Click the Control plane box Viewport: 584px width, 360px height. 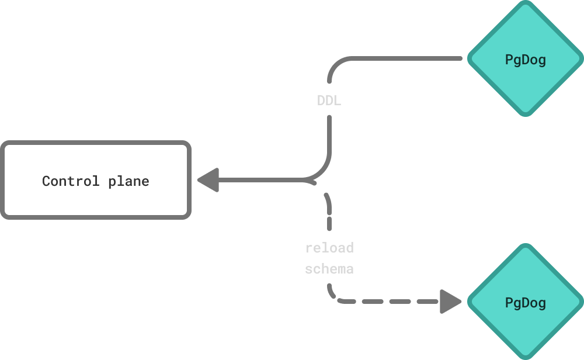pos(96,180)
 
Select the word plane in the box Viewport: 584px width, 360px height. pos(128,182)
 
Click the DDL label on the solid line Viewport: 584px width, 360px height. pos(329,101)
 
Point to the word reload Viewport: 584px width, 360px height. pos(329,248)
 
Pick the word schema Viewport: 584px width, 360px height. pos(329,269)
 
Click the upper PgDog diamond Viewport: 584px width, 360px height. pos(526,58)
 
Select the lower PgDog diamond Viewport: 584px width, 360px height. pos(526,302)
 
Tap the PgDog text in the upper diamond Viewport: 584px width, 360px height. pos(526,60)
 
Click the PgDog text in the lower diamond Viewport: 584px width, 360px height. pos(526,303)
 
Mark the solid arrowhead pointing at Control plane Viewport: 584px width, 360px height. pos(208,180)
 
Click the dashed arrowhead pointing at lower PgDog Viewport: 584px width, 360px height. pos(450,302)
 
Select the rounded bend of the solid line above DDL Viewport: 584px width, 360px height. pos(335,64)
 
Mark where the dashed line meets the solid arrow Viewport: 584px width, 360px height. pos(310,180)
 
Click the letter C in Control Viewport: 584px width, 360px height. pos(46,181)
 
